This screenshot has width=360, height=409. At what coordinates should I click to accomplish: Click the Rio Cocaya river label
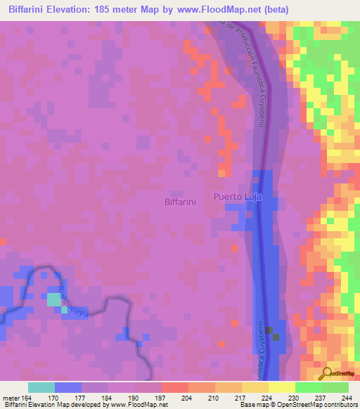pyautogui.click(x=73, y=301)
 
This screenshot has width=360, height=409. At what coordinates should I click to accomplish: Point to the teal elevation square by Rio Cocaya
pyautogui.click(x=55, y=299)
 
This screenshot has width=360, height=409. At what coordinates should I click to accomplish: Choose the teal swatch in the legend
pyautogui.click(x=41, y=387)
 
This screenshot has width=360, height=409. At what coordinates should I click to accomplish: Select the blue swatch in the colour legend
pyautogui.click(x=68, y=387)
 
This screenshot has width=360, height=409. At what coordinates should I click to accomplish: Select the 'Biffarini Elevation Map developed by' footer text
pyautogui.click(x=51, y=405)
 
